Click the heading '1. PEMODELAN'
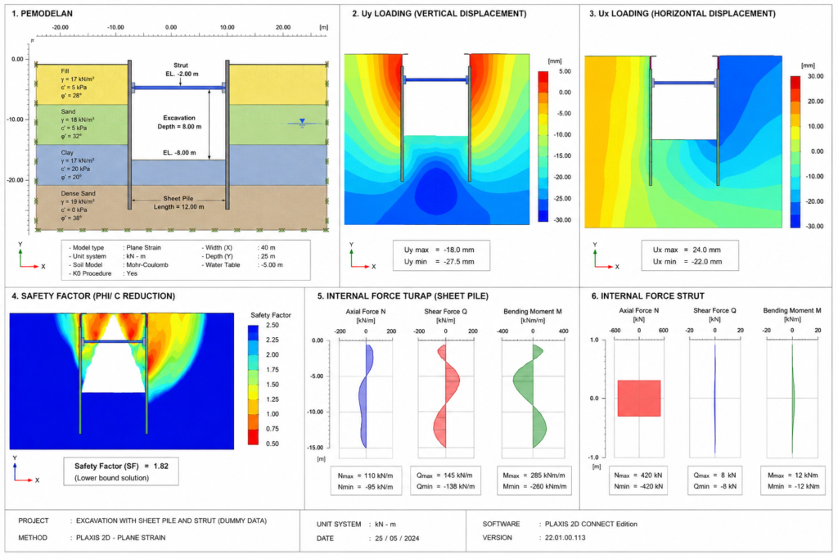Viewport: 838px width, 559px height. [x=42, y=13]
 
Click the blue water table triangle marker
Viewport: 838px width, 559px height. [x=302, y=122]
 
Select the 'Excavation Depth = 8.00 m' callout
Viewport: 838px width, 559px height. [x=179, y=123]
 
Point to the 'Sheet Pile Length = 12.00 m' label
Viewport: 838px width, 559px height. [x=178, y=202]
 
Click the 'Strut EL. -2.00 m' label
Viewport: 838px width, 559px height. [x=181, y=70]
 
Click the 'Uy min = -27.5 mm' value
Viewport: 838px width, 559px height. [x=439, y=262]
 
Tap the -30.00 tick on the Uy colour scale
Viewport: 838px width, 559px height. [x=562, y=220]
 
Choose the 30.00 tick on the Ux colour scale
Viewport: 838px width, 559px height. [x=816, y=76]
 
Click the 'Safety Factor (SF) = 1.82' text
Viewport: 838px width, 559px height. [x=121, y=466]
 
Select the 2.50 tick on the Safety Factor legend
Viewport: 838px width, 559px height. [x=272, y=325]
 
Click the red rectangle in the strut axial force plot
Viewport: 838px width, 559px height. [x=639, y=398]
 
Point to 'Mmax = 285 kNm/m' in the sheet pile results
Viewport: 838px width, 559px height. [x=534, y=475]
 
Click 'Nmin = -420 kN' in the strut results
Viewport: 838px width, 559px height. [x=638, y=486]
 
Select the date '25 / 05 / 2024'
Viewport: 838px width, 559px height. [x=397, y=539]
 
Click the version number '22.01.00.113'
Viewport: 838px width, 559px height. [x=565, y=538]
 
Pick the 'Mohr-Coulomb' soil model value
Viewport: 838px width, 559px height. [x=147, y=264]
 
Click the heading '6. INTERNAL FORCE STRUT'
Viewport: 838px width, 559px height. [x=648, y=296]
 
